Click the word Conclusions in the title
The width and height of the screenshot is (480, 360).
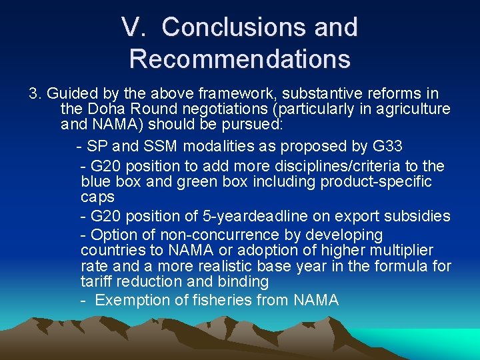tap(227, 27)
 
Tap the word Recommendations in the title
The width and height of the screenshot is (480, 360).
tap(240, 59)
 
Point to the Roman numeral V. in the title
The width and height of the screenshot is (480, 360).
tap(136, 27)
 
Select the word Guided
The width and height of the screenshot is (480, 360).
tap(70, 93)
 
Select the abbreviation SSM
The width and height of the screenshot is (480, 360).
tap(160, 146)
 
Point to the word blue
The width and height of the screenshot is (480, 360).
tap(95, 181)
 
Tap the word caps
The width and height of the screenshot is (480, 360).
tap(97, 197)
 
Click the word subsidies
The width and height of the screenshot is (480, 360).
tap(419, 216)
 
